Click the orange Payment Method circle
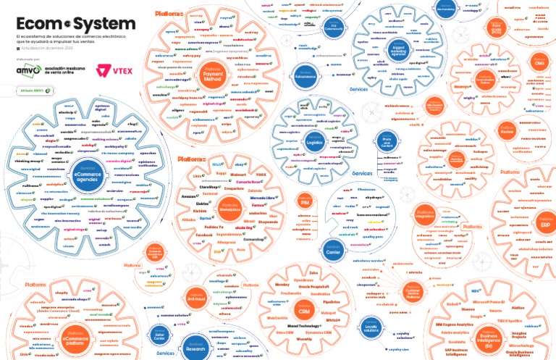(x=211, y=72)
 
